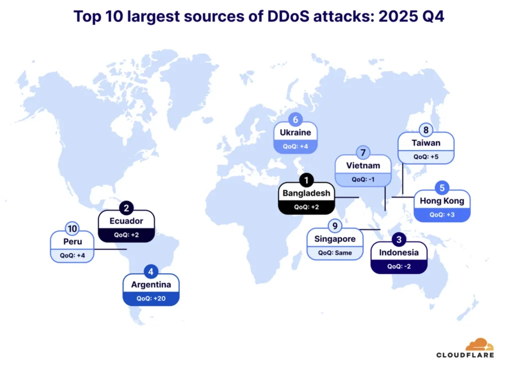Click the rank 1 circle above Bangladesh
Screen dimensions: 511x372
click(306, 180)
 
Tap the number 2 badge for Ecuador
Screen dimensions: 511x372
click(126, 208)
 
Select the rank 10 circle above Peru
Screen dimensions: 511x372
click(72, 229)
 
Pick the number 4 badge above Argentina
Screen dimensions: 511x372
click(151, 272)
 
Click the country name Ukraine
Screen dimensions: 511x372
click(295, 133)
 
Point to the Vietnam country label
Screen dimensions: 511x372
click(363, 166)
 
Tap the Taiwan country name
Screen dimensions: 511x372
click(426, 143)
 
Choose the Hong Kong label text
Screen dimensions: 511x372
click(442, 201)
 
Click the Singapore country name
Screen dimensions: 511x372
click(335, 239)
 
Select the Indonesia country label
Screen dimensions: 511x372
click(399, 252)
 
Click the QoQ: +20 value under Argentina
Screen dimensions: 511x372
click(151, 298)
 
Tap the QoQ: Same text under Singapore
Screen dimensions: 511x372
click(335, 253)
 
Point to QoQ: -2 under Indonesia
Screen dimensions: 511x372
click(399, 266)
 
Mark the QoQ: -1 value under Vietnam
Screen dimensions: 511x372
click(363, 180)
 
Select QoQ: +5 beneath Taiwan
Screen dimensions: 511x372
click(426, 157)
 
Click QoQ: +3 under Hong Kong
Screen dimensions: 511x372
click(442, 215)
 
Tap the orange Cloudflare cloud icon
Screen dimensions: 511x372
click(480, 344)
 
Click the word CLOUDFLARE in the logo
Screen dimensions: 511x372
click(466, 355)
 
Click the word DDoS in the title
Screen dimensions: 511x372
click(288, 16)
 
